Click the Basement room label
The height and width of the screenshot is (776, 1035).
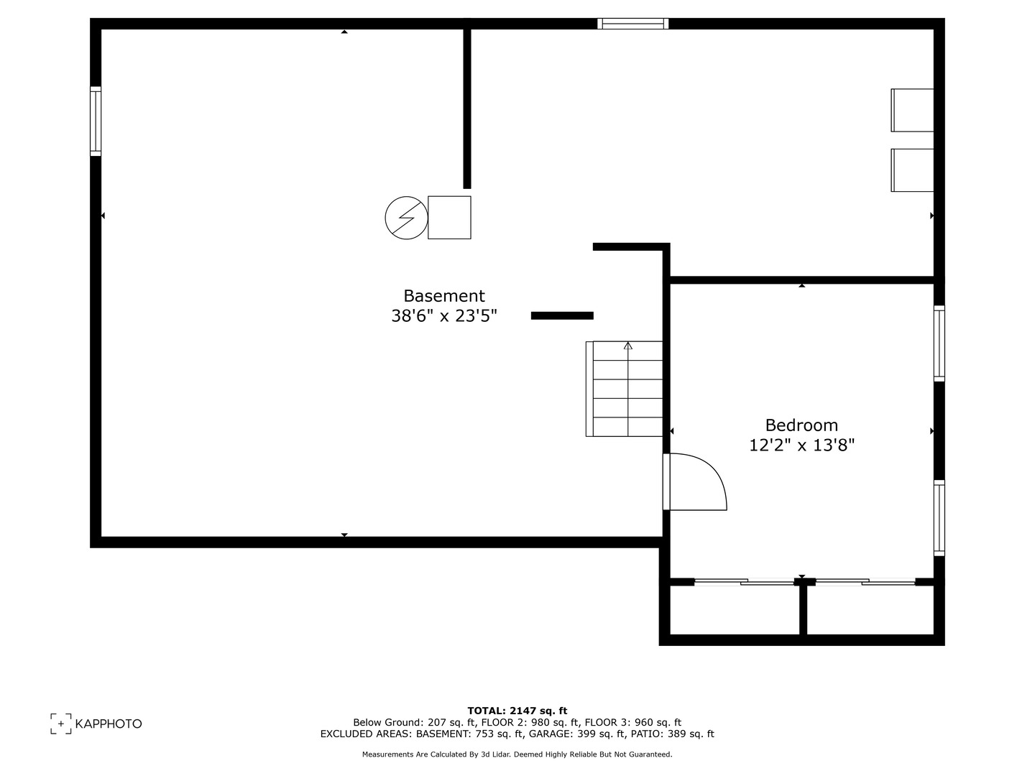point(443,296)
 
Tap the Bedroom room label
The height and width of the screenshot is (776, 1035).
point(801,425)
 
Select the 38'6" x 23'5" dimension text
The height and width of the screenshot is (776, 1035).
point(443,315)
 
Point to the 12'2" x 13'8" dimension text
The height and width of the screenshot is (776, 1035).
point(801,445)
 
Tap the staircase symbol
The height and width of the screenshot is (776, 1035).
point(625,389)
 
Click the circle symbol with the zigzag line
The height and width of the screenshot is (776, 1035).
point(406,217)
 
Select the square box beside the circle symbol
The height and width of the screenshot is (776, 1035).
point(449,217)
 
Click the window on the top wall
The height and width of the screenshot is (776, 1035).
point(632,24)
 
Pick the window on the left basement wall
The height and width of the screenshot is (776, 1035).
point(96,121)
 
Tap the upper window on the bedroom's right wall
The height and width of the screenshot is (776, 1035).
point(939,343)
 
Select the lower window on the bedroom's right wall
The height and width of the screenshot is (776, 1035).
point(939,517)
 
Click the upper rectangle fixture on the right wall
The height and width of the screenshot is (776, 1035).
point(912,110)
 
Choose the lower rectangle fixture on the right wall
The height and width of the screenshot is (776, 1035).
point(912,170)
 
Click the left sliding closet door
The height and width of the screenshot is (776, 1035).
point(745,581)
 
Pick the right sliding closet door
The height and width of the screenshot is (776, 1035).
point(865,581)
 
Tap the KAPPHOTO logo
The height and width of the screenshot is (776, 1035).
point(96,724)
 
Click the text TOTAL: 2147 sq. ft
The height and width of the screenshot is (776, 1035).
point(517,711)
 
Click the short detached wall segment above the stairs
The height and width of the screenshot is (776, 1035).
point(562,315)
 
